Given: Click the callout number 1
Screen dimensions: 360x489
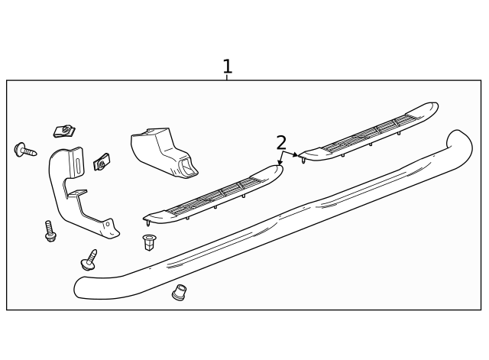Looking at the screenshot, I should point(227,66).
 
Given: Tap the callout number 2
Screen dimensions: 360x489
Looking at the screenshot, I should point(281,142).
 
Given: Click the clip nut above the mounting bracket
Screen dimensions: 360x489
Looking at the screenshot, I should point(64,131).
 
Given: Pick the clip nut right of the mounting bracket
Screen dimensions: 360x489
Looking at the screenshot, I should point(102,162).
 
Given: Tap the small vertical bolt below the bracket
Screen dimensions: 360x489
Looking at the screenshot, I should point(50,231).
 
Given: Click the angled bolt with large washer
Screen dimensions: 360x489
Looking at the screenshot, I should point(89,261).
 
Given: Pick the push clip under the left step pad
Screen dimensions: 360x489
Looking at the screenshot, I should point(149,242).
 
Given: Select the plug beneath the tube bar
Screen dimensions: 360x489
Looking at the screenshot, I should point(179,292).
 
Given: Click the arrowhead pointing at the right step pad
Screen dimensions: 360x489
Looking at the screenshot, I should point(296,155).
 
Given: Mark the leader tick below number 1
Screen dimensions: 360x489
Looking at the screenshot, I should point(227,77).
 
